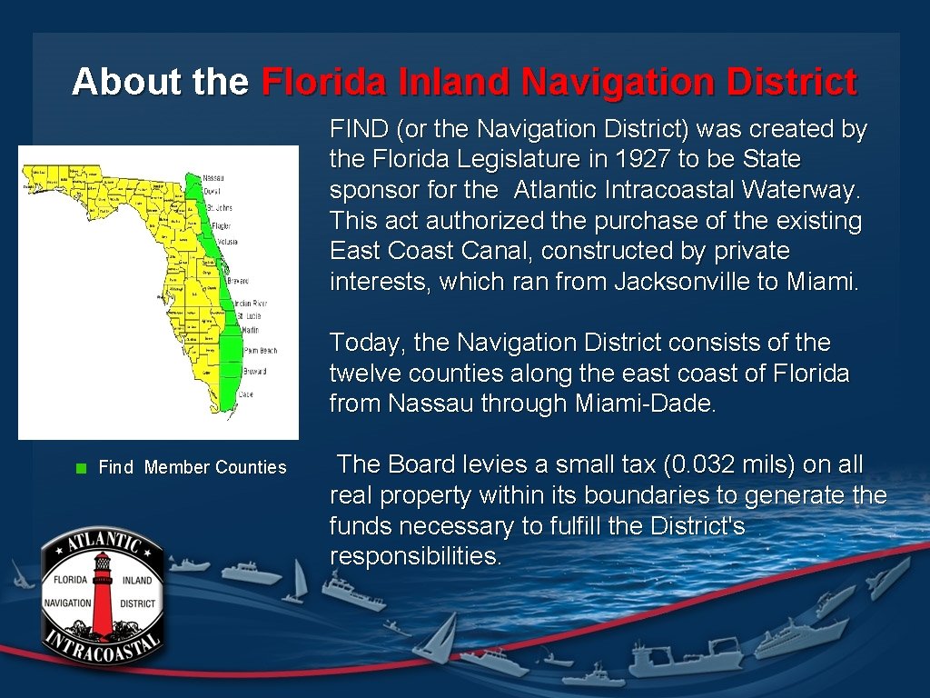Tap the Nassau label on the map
tap(214, 178)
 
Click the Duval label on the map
tap(212, 193)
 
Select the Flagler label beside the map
tap(221, 226)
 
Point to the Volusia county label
tap(223, 243)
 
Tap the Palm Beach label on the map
tap(260, 351)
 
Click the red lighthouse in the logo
tap(102, 590)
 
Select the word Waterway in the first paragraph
tap(799, 190)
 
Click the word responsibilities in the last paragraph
tap(414, 556)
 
